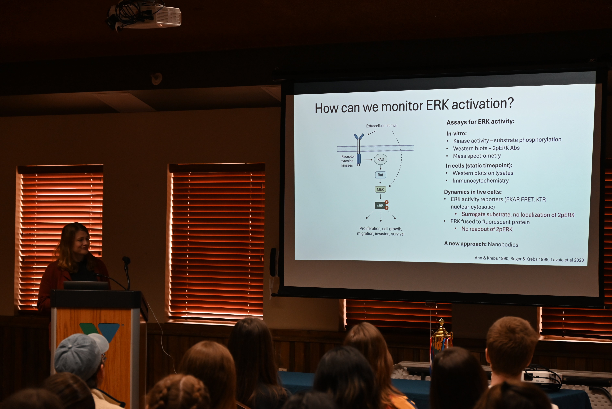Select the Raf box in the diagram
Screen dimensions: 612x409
click(380, 175)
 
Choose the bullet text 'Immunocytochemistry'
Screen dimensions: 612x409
click(480, 180)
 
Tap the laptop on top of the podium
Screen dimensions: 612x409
click(86, 286)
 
